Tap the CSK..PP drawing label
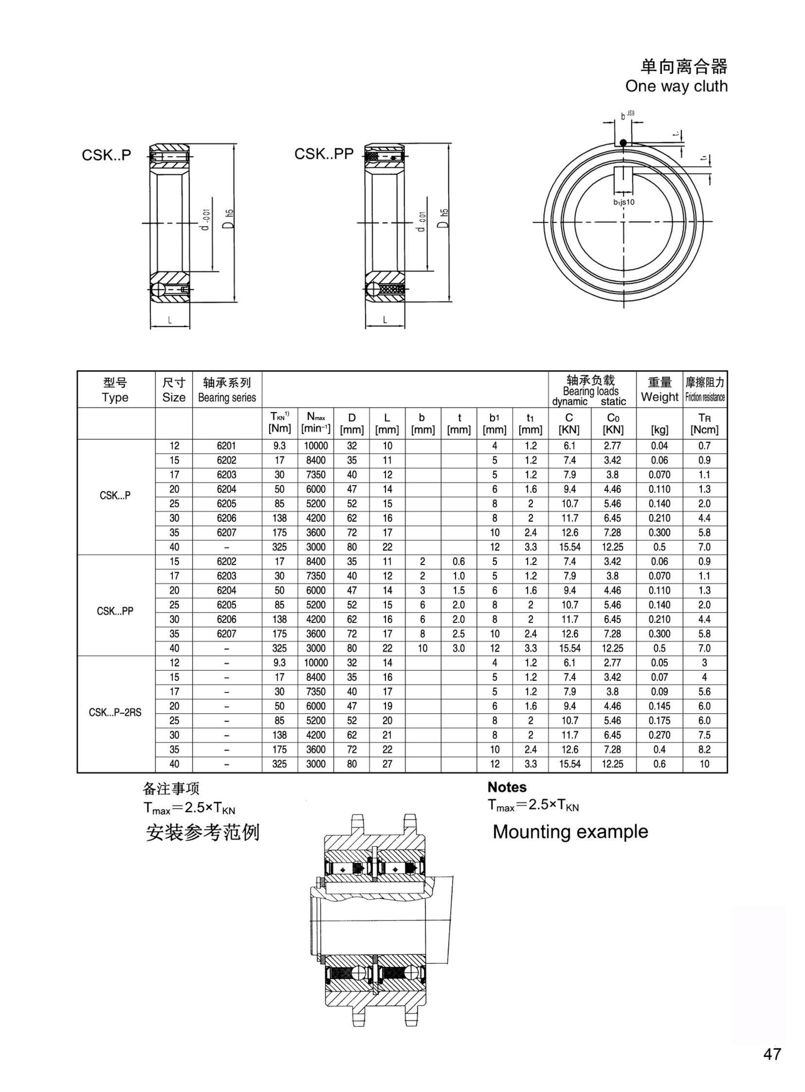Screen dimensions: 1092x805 tap(324, 154)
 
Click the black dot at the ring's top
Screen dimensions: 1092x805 tap(623, 143)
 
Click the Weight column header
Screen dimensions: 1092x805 tap(659, 390)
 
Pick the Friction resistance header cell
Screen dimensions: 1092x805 tap(705, 390)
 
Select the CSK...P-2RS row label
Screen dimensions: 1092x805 tap(115, 712)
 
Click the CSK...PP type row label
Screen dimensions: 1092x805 tap(115, 611)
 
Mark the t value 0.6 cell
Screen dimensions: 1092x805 tap(458, 561)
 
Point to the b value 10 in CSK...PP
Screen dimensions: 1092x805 tap(422, 648)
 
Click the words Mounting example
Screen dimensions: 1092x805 tap(570, 832)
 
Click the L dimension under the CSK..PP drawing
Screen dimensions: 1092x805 tap(384, 320)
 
